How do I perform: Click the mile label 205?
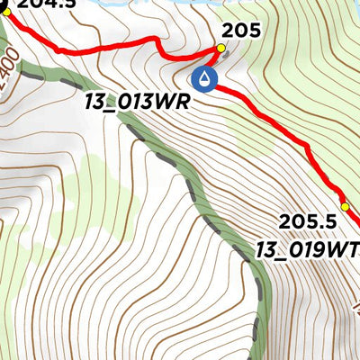coord(240,31)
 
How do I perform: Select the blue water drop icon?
coord(207,80)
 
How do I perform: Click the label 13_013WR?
coord(136,102)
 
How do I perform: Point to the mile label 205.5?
coord(301,221)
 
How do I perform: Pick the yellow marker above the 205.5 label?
coord(343,207)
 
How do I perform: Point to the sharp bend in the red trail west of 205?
coord(162,40)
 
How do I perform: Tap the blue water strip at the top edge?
coord(180,4)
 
